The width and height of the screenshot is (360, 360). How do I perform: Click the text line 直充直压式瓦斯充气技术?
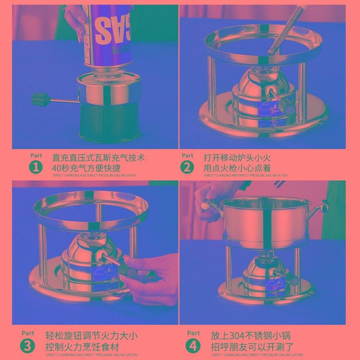(99, 158)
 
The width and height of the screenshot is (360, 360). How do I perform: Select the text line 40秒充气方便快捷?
(86, 168)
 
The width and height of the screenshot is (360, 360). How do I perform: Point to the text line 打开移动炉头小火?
(237, 158)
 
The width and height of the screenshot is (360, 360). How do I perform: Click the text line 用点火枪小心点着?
(237, 168)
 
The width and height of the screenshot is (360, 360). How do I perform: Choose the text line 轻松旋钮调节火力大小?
(91, 336)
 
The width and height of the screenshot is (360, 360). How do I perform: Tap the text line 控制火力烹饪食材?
(82, 347)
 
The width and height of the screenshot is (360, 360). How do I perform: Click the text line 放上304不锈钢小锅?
(251, 336)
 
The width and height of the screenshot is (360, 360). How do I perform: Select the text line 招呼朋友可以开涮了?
(252, 347)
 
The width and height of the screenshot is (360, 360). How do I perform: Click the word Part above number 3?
(28, 333)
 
